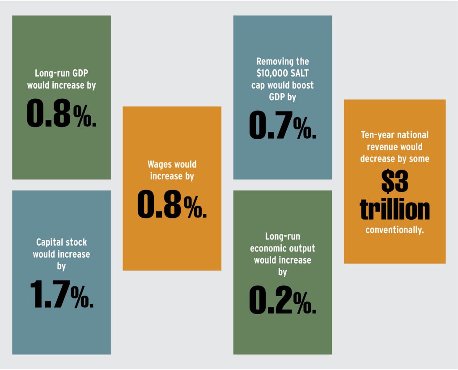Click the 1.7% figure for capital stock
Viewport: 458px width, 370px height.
click(62, 295)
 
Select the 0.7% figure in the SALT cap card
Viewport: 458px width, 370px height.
click(282, 125)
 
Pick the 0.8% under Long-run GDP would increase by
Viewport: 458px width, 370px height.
click(61, 113)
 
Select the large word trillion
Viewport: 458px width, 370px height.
click(394, 210)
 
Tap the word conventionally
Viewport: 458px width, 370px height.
click(394, 231)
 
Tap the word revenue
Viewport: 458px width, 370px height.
click(382, 147)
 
